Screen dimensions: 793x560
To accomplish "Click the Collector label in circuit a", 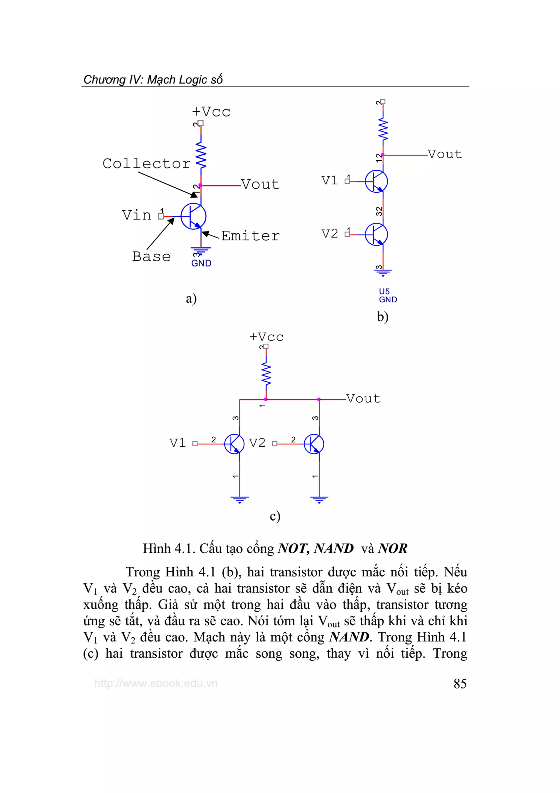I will (x=146, y=164).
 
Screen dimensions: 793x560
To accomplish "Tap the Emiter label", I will (x=250, y=236).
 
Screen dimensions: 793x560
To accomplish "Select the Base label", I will (x=151, y=257).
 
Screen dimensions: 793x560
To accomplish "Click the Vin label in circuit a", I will (x=137, y=215).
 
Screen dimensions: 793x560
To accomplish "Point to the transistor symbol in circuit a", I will (x=194, y=216).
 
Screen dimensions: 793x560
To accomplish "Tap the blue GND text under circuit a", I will (x=201, y=263).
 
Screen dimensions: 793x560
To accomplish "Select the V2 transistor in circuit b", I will (x=377, y=235).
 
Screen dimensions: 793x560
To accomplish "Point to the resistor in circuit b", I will (x=383, y=129).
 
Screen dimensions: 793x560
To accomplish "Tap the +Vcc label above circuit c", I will (x=266, y=337).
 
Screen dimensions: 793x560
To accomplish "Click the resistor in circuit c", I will (x=266, y=375).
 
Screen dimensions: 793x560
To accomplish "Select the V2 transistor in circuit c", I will (x=314, y=444).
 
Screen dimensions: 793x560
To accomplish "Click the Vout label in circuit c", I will (x=363, y=399).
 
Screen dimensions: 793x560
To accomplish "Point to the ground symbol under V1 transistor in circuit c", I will (x=240, y=499).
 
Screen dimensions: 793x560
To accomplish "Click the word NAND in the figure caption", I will (x=334, y=548).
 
